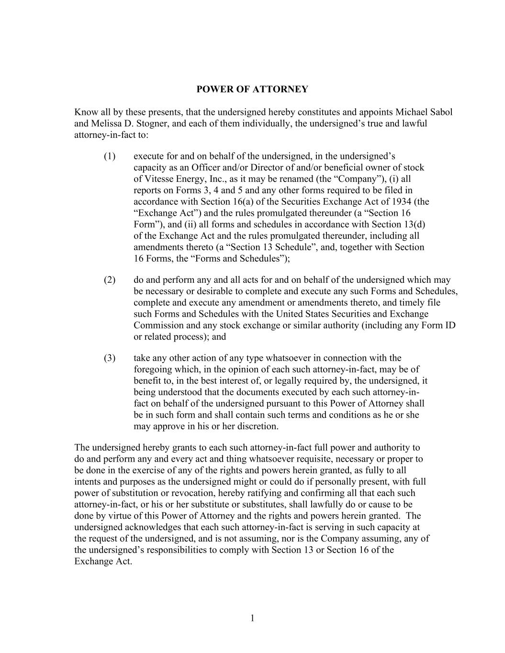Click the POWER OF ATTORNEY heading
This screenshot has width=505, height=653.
point(252,89)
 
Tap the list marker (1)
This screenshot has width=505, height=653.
point(110,156)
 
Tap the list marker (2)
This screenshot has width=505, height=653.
point(110,280)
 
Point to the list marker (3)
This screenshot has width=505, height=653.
point(110,358)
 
